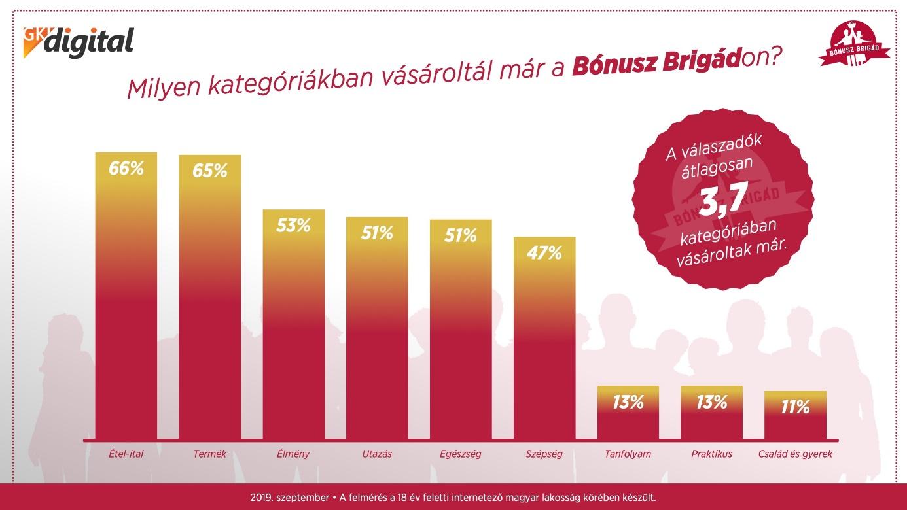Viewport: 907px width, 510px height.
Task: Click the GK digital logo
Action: click(x=78, y=42)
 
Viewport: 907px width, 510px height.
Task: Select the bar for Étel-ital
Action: click(x=126, y=296)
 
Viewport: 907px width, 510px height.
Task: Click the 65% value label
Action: click(x=210, y=171)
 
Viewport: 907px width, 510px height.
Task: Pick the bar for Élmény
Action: click(x=294, y=324)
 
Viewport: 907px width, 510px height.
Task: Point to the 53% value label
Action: click(x=293, y=226)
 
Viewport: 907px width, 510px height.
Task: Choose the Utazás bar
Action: click(x=377, y=328)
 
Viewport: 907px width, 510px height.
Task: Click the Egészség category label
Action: click(x=461, y=454)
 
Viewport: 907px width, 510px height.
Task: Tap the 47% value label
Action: click(x=544, y=253)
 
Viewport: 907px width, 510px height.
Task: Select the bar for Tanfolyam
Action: click(x=628, y=413)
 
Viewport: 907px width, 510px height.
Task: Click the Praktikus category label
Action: click(x=711, y=454)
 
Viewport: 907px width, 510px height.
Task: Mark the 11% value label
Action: click(x=795, y=407)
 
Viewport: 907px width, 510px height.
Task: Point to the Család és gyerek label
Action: click(x=795, y=454)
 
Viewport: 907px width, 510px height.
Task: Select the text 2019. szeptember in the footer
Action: click(x=289, y=498)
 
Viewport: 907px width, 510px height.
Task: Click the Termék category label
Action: click(x=210, y=454)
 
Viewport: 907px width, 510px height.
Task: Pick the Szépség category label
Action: click(x=544, y=454)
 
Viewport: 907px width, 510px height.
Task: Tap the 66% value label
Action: click(x=126, y=168)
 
